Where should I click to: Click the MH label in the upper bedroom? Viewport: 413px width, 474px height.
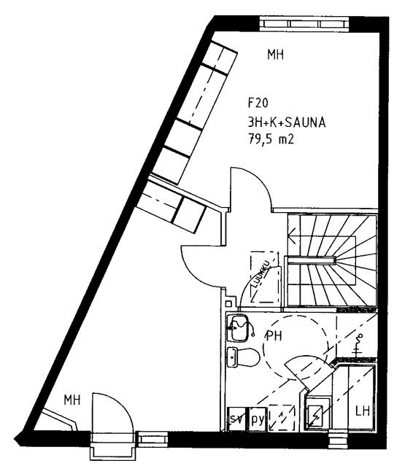pos(275,55)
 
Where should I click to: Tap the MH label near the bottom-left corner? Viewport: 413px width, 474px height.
pos(72,400)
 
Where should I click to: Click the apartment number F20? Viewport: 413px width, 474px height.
pos(258,103)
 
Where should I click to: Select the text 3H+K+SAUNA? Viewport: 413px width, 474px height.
pos(287,123)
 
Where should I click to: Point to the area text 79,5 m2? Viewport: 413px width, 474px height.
pos(271,139)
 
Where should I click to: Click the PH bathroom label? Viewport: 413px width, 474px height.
pos(274,336)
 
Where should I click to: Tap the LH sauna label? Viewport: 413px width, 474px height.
pos(363,411)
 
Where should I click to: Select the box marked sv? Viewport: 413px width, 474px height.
pos(236,419)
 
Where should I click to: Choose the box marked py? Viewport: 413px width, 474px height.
pos(258,419)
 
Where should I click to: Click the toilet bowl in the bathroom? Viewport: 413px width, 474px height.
pos(243,357)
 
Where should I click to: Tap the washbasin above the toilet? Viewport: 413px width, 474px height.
pos(238,328)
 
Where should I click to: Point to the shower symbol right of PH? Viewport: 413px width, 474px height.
pos(358,344)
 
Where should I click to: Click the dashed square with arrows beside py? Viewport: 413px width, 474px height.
pos(282,417)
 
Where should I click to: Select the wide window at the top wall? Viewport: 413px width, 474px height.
pos(304,23)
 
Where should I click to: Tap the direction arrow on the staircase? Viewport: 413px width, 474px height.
pos(293,236)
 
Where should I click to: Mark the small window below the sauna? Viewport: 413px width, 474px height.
pos(335,440)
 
